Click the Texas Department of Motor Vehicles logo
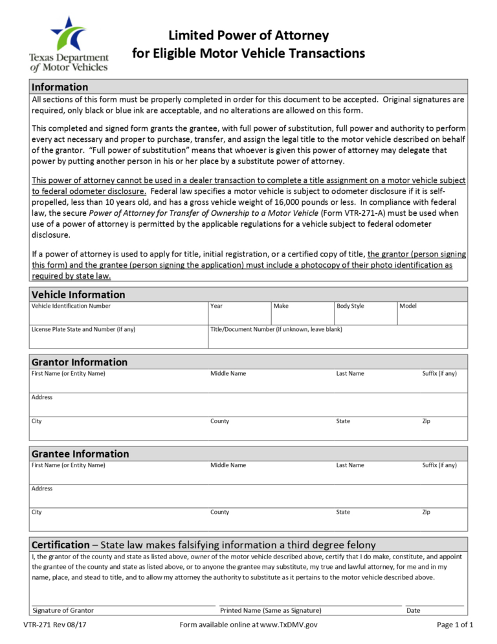(x=68, y=43)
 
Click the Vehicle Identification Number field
(x=118, y=313)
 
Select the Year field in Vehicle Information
(x=238, y=313)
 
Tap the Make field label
(x=281, y=306)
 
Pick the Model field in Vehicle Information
(x=432, y=313)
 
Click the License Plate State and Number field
(x=118, y=337)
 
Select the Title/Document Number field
(x=337, y=337)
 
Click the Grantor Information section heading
(x=80, y=362)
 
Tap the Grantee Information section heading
(x=80, y=454)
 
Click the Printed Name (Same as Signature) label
(x=271, y=610)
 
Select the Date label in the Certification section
(x=413, y=610)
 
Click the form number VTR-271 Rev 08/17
(x=54, y=625)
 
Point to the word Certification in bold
(x=60, y=545)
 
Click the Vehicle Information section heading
(x=78, y=294)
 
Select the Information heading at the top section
(x=60, y=87)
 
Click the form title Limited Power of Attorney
(x=248, y=36)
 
